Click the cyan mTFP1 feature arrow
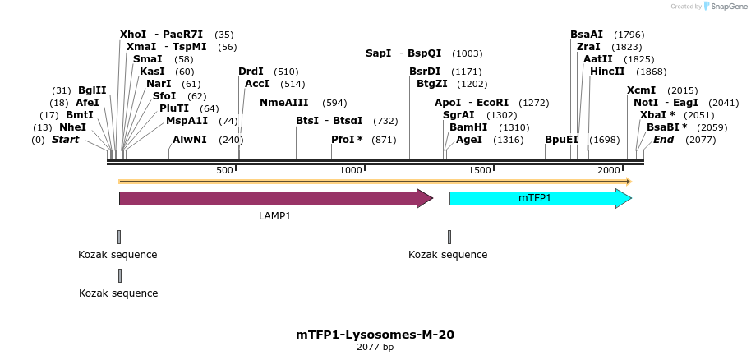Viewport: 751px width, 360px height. point(539,198)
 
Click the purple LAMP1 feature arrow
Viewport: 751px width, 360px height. point(275,198)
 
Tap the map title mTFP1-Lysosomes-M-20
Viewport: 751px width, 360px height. point(375,335)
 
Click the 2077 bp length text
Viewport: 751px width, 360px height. point(375,348)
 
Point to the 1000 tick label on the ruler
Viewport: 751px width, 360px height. point(352,170)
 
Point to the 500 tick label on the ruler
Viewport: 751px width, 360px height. point(224,170)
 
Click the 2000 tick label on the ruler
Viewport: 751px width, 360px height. point(609,170)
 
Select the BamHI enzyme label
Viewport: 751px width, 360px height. point(468,127)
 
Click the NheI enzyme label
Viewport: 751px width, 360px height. point(72,127)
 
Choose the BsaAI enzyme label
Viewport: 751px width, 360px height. point(587,35)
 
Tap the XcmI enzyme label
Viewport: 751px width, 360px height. point(642,90)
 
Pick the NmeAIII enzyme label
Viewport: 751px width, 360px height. point(284,103)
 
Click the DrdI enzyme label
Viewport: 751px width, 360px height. point(251,72)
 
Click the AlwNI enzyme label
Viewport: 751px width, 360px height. point(190,140)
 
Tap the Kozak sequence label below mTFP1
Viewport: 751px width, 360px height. point(448,255)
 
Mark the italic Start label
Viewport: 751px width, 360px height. point(66,140)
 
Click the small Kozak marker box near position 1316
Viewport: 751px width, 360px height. point(449,237)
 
